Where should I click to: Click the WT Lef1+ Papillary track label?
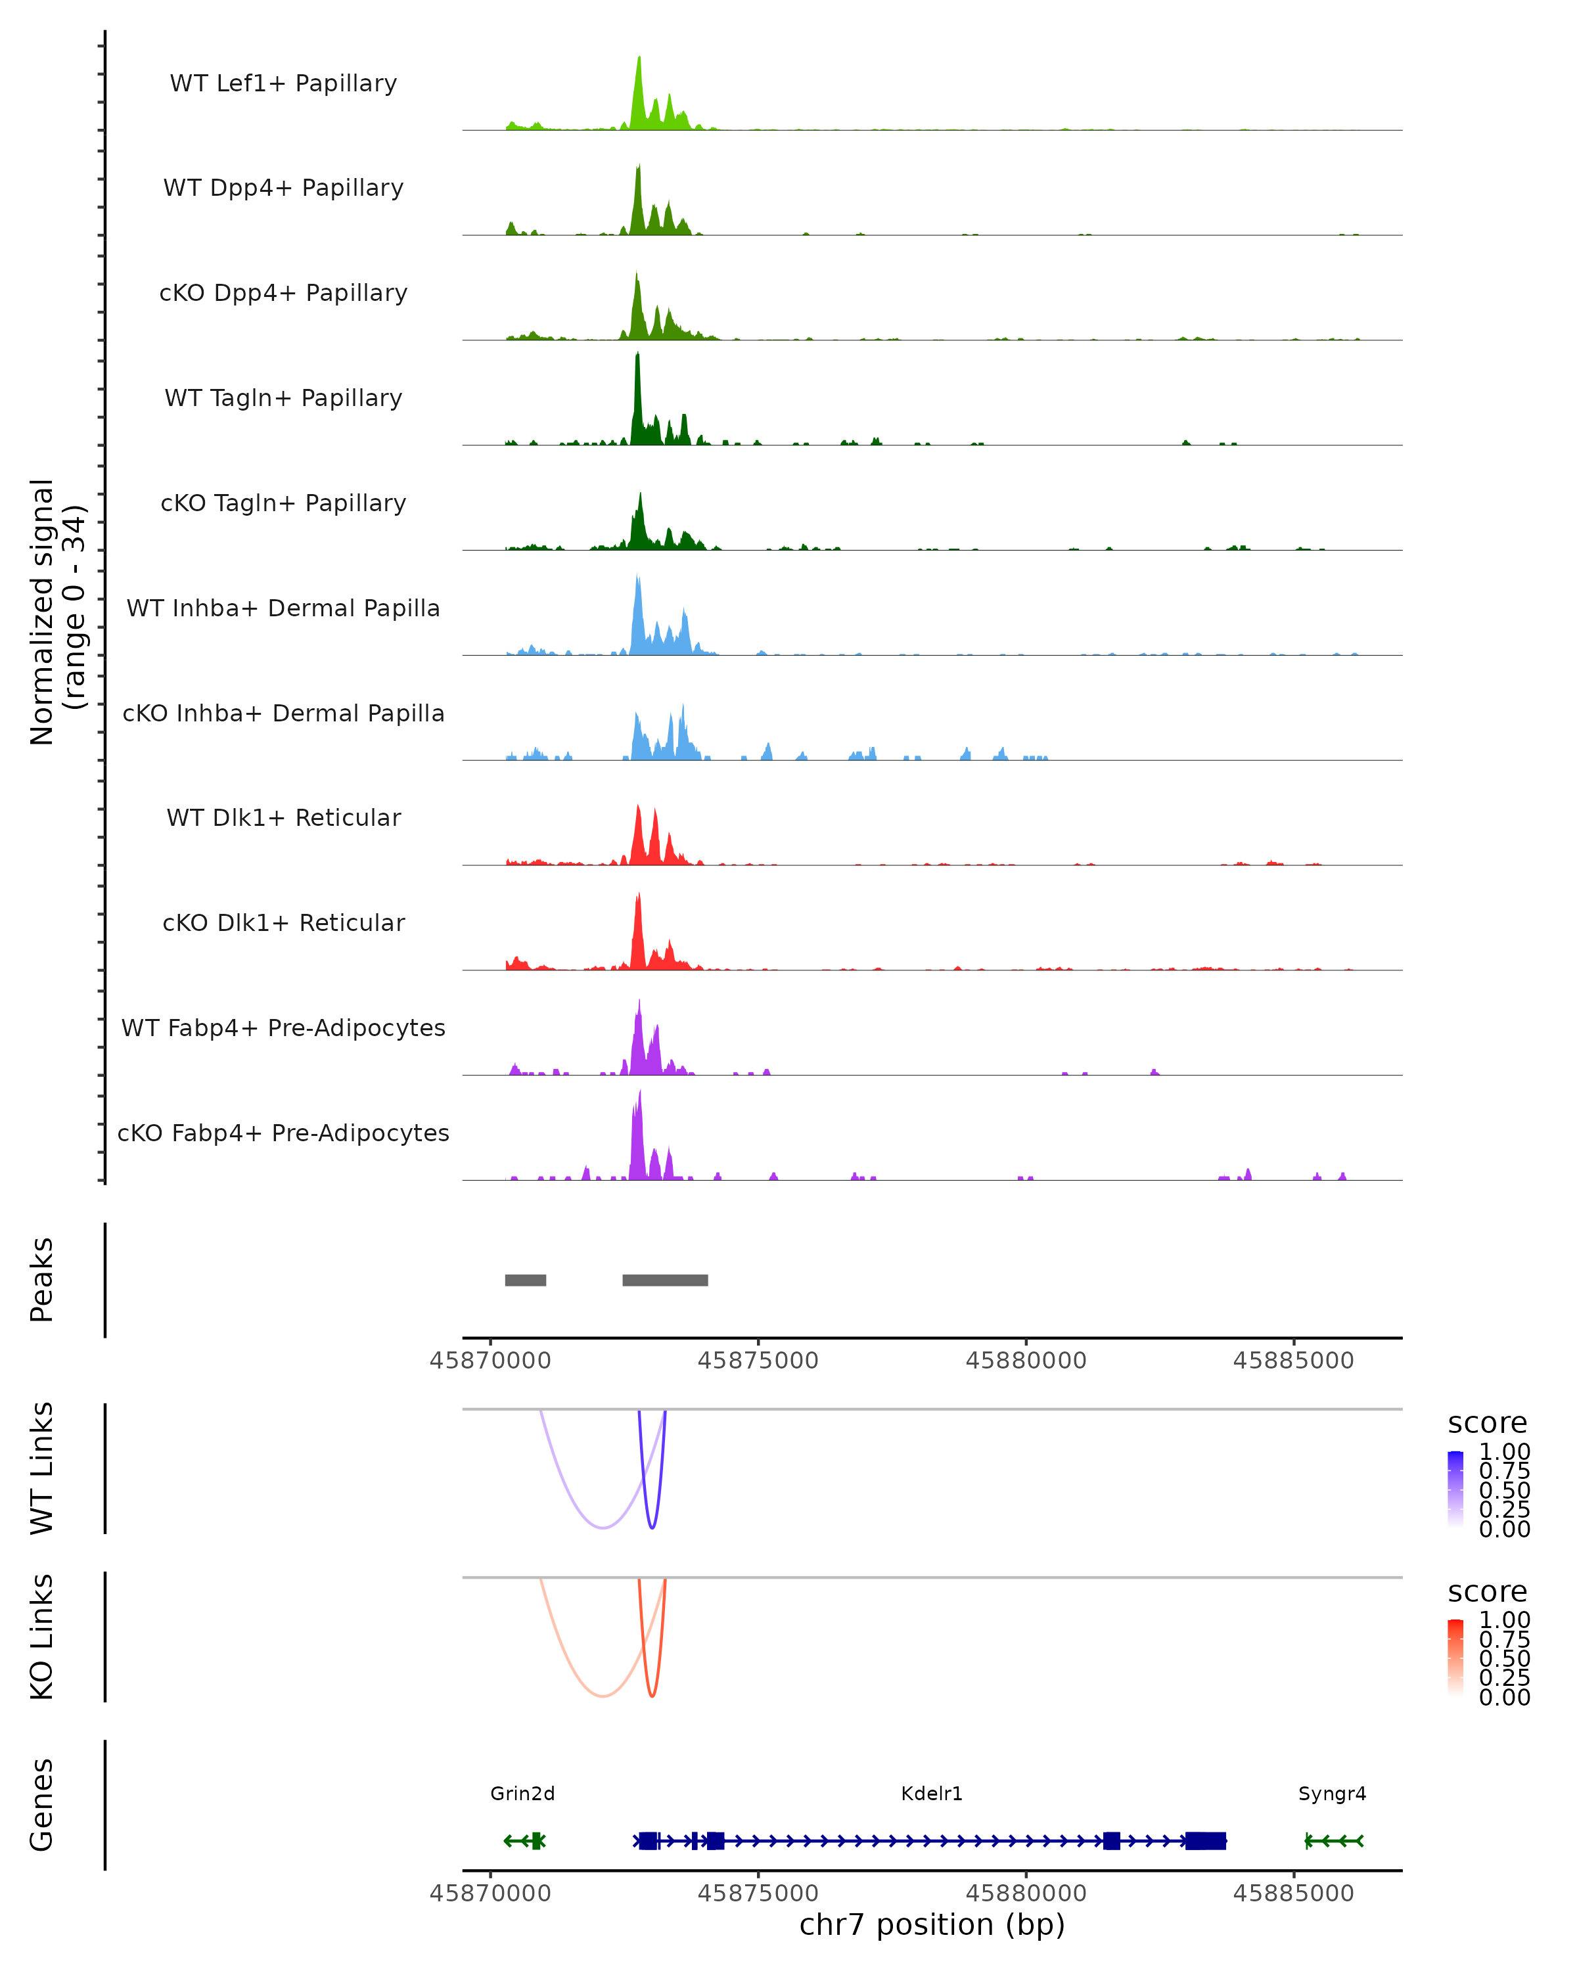click(x=283, y=83)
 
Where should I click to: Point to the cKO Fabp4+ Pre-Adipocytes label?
click(x=283, y=1133)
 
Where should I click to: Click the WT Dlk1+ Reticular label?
click(x=283, y=817)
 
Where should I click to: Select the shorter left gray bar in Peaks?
click(x=526, y=1280)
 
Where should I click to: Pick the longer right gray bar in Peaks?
click(x=664, y=1280)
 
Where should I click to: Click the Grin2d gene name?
click(x=522, y=1793)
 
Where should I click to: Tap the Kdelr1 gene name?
click(x=932, y=1793)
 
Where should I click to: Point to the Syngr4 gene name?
click(x=1332, y=1793)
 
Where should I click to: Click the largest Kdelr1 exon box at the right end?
click(x=1205, y=1840)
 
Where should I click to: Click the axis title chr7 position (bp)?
click(x=932, y=1924)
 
